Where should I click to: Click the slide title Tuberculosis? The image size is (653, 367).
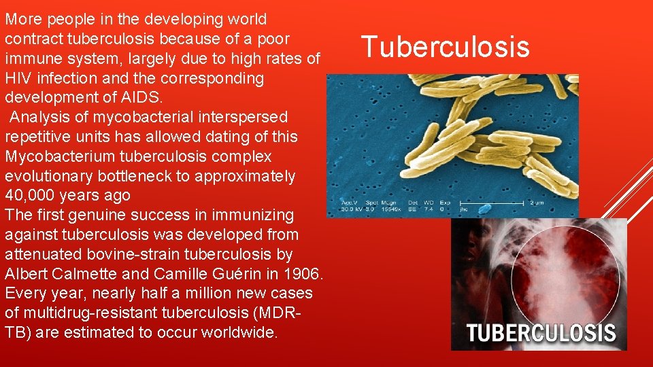445,48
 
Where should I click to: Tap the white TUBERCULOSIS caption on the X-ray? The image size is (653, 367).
541,334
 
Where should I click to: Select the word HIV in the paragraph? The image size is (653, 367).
18,78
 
